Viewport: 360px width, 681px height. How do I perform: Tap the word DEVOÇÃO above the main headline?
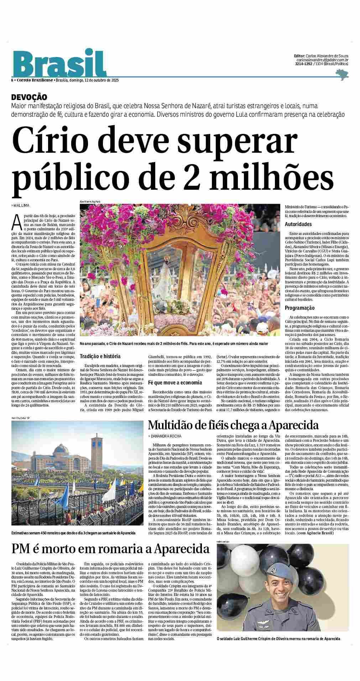(x=29, y=97)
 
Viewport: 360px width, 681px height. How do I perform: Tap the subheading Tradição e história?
(x=100, y=356)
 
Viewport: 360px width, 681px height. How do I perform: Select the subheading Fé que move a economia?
(x=170, y=383)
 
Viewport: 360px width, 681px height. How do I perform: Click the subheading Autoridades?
(x=298, y=224)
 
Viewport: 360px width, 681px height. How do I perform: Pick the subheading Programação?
(x=299, y=308)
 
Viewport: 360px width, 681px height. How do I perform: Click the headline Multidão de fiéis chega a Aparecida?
(x=233, y=425)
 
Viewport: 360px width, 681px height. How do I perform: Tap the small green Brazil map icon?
(x=342, y=74)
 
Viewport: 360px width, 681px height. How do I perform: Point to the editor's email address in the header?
(x=322, y=60)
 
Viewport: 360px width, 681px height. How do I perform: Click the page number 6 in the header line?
(x=12, y=80)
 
